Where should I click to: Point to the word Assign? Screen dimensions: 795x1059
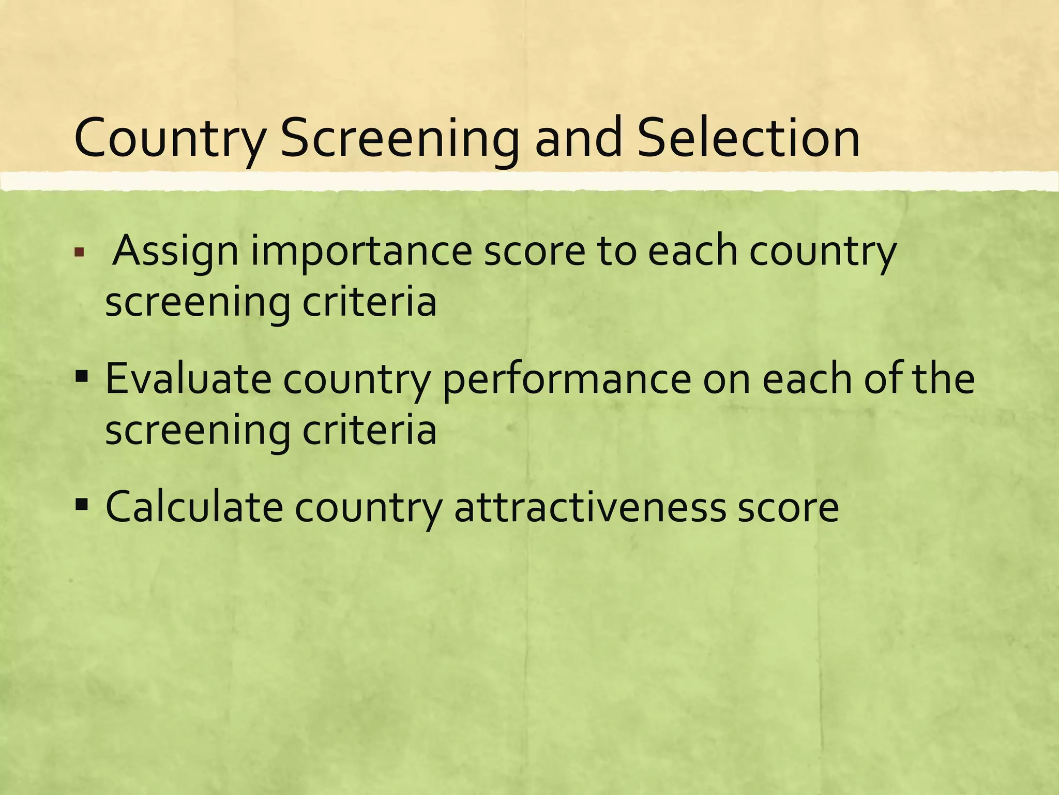point(175,252)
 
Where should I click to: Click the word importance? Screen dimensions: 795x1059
point(361,252)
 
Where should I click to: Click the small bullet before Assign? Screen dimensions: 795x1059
point(79,254)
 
